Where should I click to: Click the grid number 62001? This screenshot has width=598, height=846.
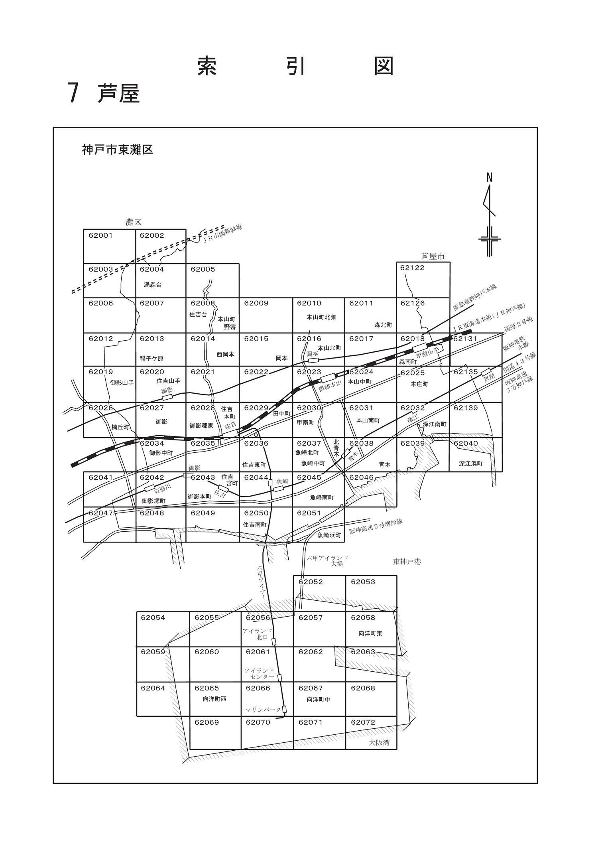[100, 235]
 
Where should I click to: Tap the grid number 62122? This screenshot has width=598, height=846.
[413, 268]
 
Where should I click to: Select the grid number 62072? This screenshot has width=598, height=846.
[363, 722]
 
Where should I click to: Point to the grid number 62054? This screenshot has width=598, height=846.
[153, 617]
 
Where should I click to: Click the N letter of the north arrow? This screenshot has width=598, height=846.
[489, 177]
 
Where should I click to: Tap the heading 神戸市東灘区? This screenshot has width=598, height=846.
[118, 150]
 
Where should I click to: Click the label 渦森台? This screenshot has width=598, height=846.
[153, 285]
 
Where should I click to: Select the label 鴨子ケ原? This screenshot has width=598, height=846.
[151, 358]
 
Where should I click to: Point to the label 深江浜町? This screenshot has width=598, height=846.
[471, 463]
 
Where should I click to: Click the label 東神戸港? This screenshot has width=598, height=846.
[407, 562]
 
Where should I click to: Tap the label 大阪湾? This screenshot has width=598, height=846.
[379, 743]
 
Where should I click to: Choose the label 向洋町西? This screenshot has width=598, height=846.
[214, 699]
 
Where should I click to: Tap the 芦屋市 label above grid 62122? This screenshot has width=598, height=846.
[433, 256]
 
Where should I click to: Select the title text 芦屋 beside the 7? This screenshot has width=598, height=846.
[118, 94]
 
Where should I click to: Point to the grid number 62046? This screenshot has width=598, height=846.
[362, 477]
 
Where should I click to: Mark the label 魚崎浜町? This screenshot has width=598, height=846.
[329, 535]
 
